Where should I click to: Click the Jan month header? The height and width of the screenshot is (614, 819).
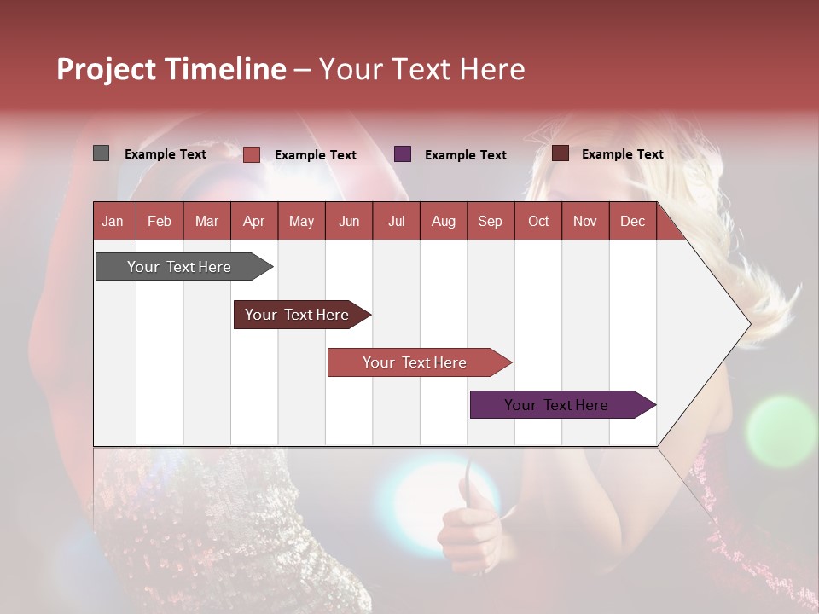click(x=113, y=221)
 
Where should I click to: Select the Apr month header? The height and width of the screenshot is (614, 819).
click(x=253, y=221)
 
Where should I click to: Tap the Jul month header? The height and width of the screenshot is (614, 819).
click(x=396, y=221)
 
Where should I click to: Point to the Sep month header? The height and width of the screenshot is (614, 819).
click(x=490, y=221)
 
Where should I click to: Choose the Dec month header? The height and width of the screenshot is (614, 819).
click(x=632, y=221)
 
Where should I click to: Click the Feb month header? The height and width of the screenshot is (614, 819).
click(x=160, y=221)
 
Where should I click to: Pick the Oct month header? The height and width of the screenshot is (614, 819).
click(x=538, y=221)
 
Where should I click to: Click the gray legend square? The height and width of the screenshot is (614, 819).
click(x=101, y=153)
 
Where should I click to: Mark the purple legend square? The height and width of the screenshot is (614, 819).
click(x=403, y=154)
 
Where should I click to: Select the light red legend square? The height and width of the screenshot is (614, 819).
click(x=252, y=154)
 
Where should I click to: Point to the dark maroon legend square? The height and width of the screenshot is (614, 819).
click(x=560, y=153)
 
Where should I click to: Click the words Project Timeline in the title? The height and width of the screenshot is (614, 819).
click(x=171, y=69)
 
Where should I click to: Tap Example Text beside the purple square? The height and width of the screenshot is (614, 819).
click(x=465, y=155)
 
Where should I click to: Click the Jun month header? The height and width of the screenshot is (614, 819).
click(x=348, y=221)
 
